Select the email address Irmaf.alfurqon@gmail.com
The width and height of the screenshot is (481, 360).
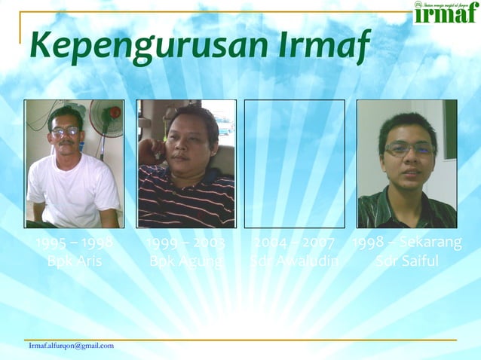[x=71, y=346]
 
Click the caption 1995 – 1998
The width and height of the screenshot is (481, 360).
[x=74, y=243]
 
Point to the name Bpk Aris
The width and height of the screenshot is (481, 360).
[x=74, y=261]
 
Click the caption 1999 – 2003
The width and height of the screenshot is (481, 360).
[x=186, y=243]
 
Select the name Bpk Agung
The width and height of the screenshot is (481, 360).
[x=186, y=261]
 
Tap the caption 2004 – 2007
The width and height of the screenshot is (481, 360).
[x=294, y=243]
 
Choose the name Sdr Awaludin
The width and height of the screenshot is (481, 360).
[x=294, y=261]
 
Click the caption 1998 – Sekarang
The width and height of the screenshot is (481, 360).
[x=407, y=243]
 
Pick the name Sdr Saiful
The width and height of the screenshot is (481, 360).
[x=407, y=261]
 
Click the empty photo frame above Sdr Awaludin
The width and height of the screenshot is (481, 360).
[x=294, y=163]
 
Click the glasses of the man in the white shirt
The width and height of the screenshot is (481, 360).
[x=66, y=132]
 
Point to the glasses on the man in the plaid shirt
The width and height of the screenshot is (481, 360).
[x=407, y=148]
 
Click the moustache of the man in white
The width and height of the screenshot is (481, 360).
[x=66, y=142]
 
